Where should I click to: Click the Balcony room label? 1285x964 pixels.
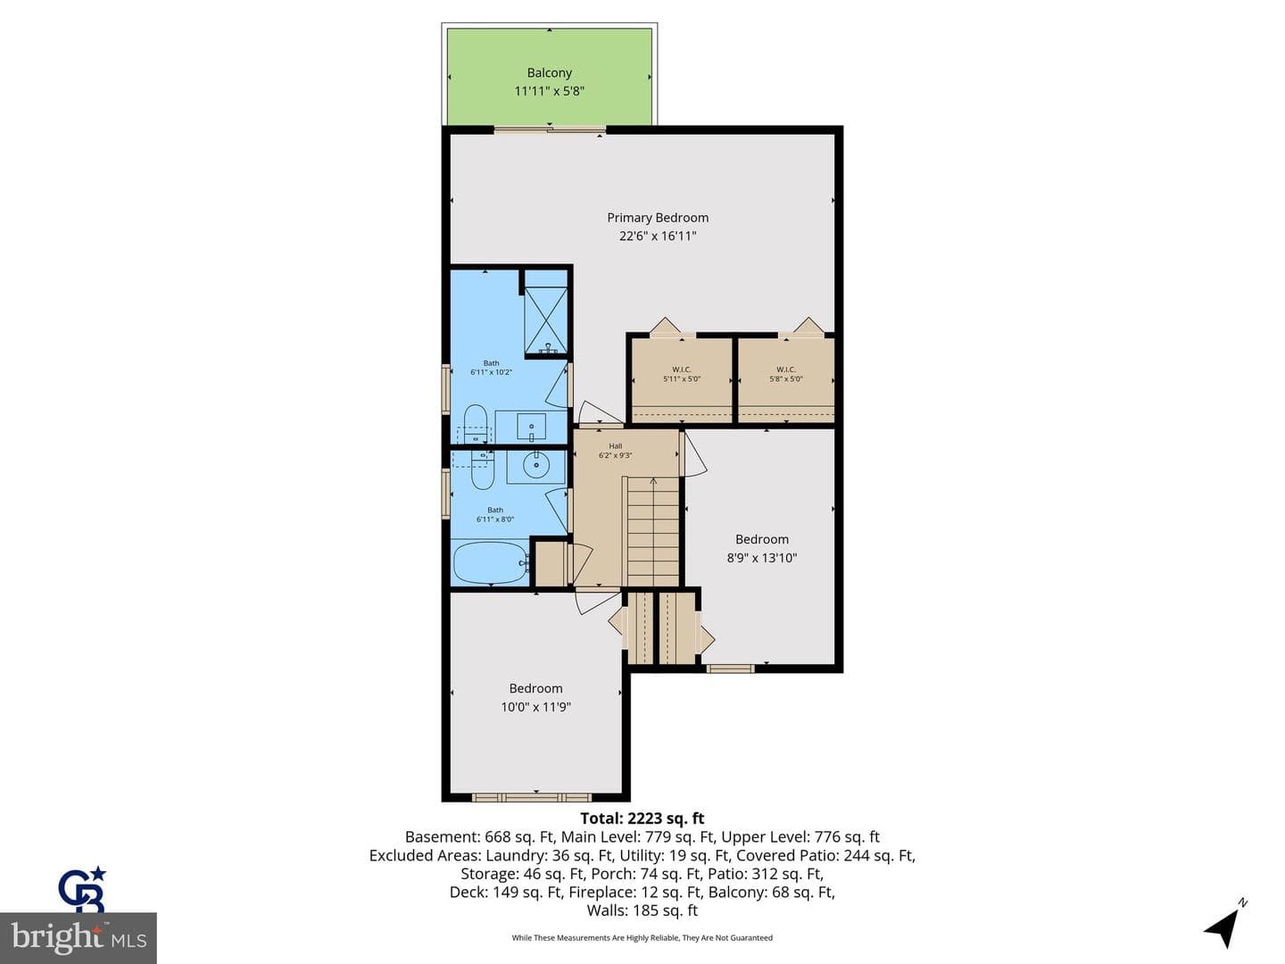pyautogui.click(x=549, y=72)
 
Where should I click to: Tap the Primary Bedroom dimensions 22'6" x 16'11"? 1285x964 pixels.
pyautogui.click(x=658, y=236)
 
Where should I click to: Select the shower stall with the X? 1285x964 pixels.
pyautogui.click(x=545, y=320)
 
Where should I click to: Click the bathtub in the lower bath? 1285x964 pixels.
pyautogui.click(x=491, y=562)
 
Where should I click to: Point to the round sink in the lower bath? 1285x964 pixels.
pyautogui.click(x=535, y=467)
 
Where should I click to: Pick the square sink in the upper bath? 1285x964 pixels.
pyautogui.click(x=531, y=427)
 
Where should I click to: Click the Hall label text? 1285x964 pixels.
pyautogui.click(x=615, y=446)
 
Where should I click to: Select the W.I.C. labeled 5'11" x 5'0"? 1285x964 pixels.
pyautogui.click(x=682, y=374)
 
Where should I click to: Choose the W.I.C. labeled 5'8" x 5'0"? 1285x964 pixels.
pyautogui.click(x=785, y=374)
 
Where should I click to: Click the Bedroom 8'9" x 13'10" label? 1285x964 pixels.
pyautogui.click(x=762, y=548)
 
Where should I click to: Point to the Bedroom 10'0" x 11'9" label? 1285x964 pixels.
pyautogui.click(x=535, y=698)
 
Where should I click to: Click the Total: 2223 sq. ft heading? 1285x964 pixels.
pyautogui.click(x=642, y=819)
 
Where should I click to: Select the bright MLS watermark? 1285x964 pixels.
pyautogui.click(x=78, y=937)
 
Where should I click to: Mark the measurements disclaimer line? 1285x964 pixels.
pyautogui.click(x=642, y=937)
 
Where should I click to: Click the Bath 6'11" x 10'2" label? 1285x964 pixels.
pyautogui.click(x=491, y=368)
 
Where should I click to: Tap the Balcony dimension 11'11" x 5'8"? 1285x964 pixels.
pyautogui.click(x=549, y=91)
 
